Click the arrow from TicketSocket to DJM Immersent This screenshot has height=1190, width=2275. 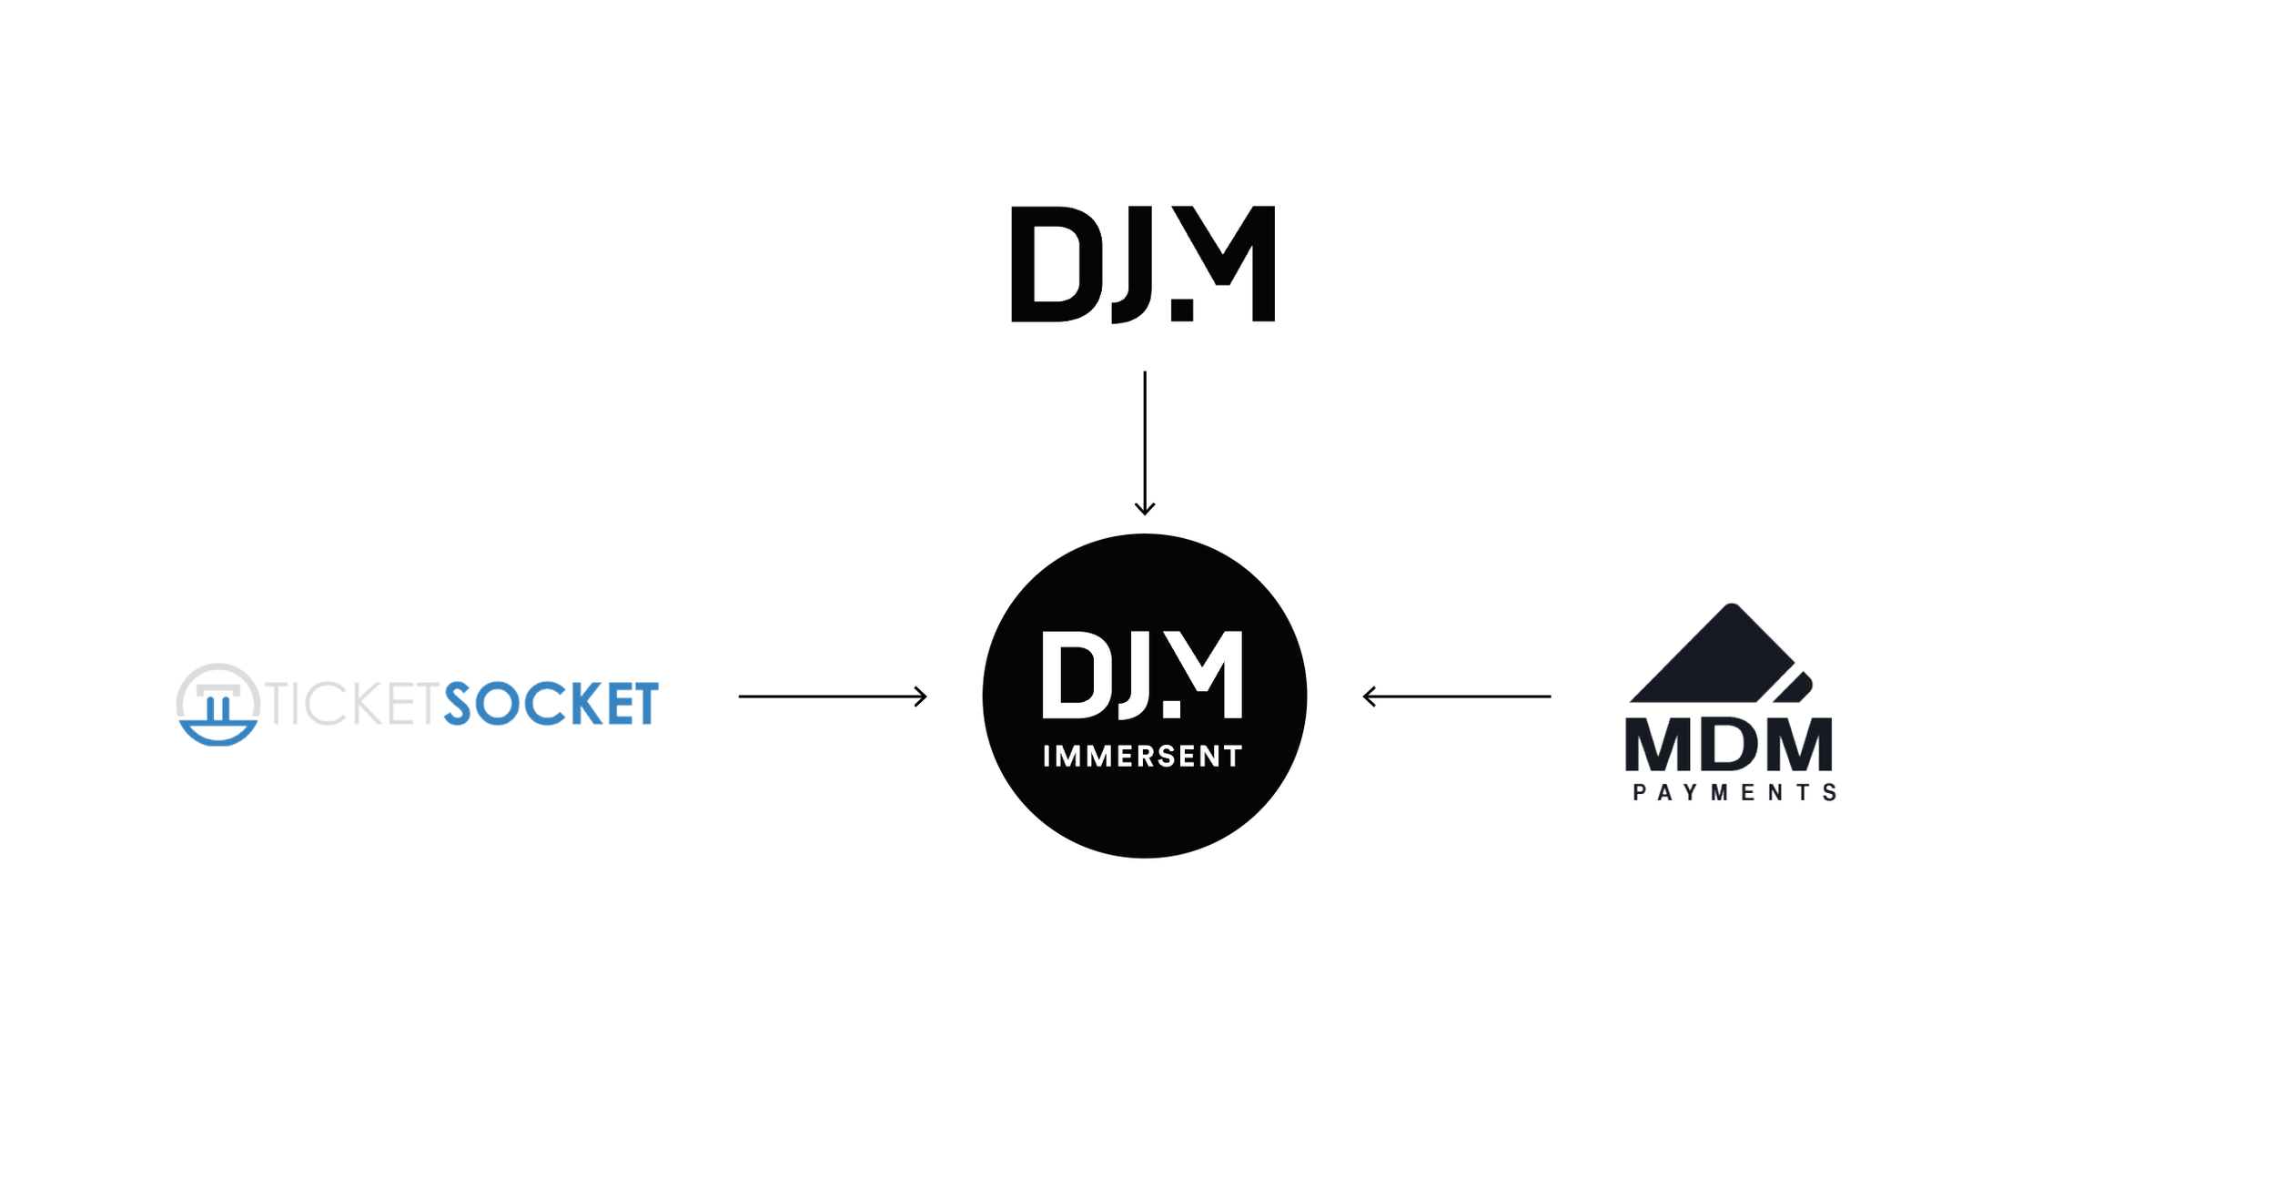tap(832, 697)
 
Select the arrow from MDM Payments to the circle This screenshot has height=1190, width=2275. tap(1456, 697)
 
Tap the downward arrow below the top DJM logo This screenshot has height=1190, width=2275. tap(1145, 442)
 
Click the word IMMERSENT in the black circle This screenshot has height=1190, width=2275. tap(1142, 757)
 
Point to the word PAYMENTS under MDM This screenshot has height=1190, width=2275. tap(1734, 793)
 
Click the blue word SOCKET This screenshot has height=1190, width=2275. tap(551, 704)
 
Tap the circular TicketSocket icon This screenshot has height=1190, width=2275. tap(218, 704)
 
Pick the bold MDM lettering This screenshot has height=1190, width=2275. tap(1729, 745)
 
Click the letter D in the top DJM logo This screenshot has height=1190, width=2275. tap(1056, 264)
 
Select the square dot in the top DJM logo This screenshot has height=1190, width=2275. tap(1182, 310)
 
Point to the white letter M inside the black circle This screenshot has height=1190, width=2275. tap(1207, 669)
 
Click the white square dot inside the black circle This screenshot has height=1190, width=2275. tap(1172, 709)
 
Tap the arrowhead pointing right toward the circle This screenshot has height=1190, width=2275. tap(921, 697)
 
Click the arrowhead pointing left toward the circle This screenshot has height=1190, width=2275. tap(1369, 697)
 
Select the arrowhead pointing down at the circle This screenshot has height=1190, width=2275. tap(1145, 509)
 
